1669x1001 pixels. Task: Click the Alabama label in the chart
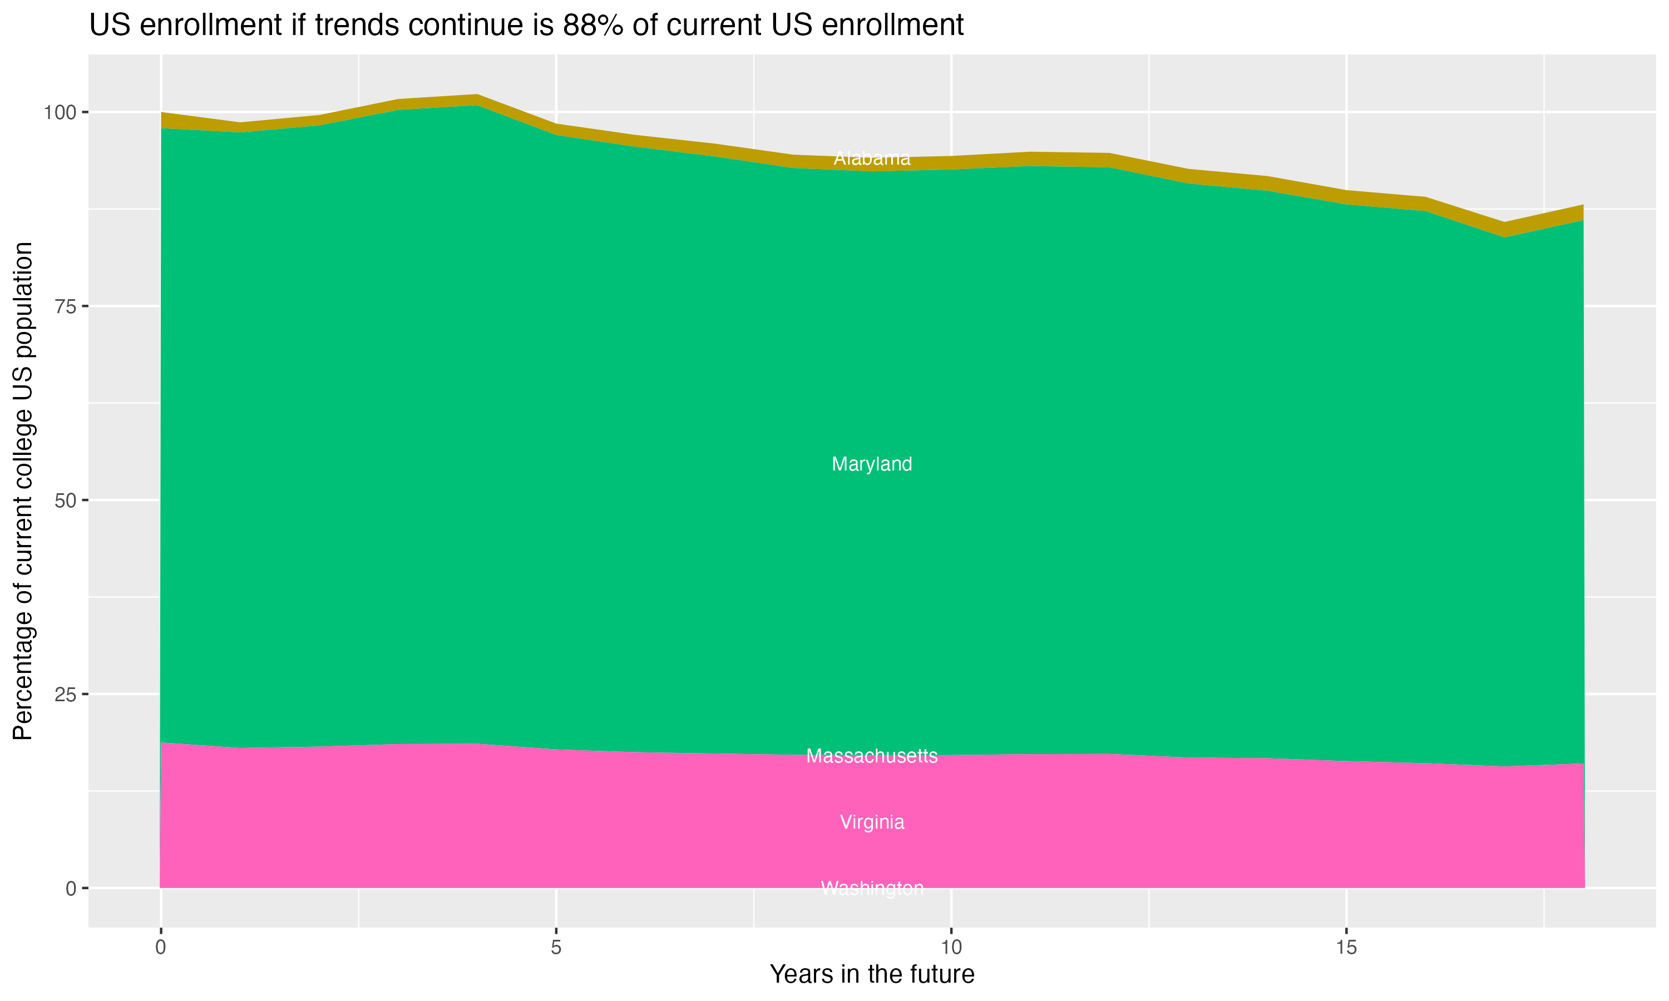(x=872, y=158)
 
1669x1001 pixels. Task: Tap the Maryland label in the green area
(x=872, y=464)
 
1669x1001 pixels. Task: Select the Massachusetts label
(x=872, y=756)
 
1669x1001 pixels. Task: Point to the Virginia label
(x=872, y=822)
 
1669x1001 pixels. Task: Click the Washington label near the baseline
(x=872, y=888)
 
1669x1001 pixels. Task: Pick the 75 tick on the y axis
(x=64, y=306)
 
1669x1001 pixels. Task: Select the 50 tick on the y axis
(x=64, y=500)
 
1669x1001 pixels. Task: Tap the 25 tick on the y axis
(x=64, y=694)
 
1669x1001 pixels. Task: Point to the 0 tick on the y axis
(x=70, y=888)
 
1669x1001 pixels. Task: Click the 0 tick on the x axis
(x=161, y=948)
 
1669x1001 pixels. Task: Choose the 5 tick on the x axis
(x=556, y=948)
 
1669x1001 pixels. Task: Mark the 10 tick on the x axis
(x=951, y=948)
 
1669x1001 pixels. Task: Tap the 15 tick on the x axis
(x=1346, y=948)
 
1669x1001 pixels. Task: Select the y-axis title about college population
(x=23, y=491)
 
